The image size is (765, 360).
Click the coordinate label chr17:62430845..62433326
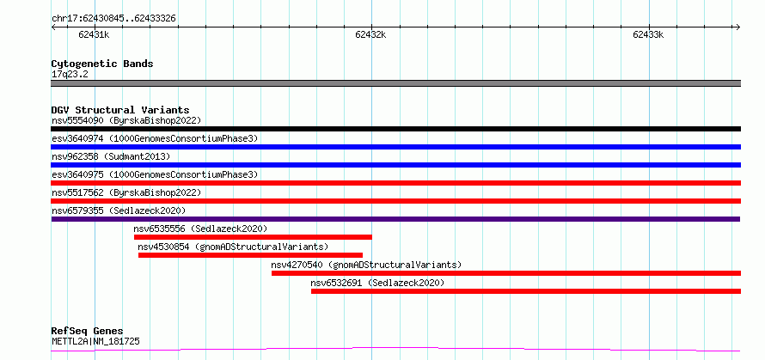[x=113, y=19]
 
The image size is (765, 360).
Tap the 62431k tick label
[x=94, y=35]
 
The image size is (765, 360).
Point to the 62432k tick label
[x=370, y=35]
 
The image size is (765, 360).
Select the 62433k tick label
[x=648, y=35]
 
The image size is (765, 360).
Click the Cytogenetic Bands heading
[x=102, y=64]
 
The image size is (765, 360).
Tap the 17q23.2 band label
[x=70, y=75]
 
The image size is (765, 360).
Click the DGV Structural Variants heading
[x=120, y=110]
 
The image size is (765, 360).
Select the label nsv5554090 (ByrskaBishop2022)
[x=126, y=120]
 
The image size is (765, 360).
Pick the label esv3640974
[x=77, y=138]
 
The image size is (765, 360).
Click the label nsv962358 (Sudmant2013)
[x=111, y=156]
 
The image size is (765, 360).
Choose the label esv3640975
[x=77, y=174]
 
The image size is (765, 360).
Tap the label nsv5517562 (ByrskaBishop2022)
[x=126, y=192]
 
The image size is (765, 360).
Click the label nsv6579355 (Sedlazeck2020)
[x=119, y=211]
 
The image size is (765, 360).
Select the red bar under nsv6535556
[x=253, y=237]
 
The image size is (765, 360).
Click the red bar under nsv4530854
[x=250, y=255]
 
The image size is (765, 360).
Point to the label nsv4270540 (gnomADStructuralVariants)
[x=366, y=265]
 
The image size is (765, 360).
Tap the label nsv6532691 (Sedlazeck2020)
[x=377, y=283]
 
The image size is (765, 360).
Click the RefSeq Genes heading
[x=88, y=332]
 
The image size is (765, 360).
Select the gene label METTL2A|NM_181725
[x=95, y=341]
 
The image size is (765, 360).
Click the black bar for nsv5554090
[x=396, y=129]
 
